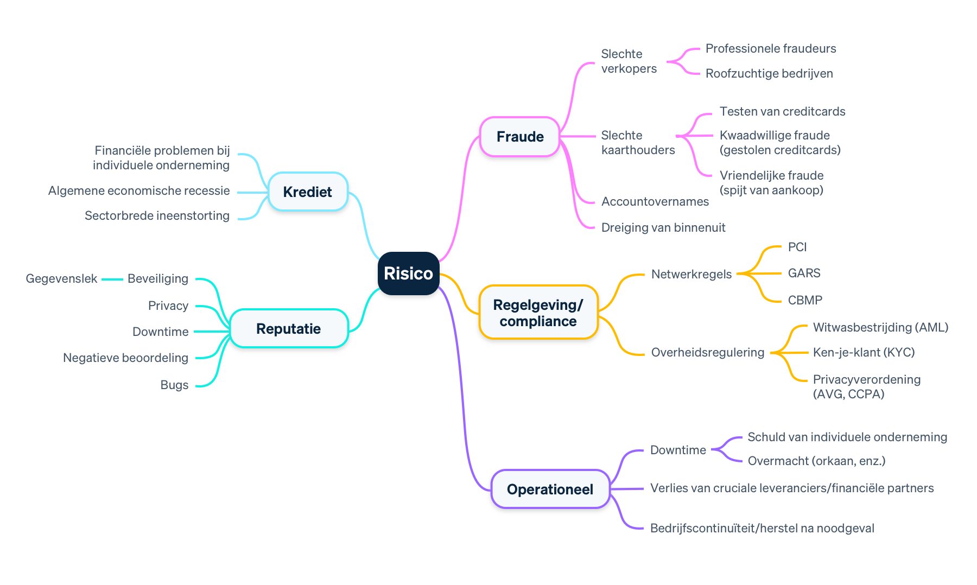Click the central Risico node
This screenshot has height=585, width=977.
(x=408, y=273)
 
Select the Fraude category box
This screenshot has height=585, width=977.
(x=520, y=137)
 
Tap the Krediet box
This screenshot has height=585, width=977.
(x=307, y=192)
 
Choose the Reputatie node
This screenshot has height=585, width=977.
(x=288, y=328)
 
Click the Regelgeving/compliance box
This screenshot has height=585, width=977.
(x=538, y=313)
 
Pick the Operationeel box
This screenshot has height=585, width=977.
(x=550, y=489)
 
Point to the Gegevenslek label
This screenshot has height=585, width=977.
(x=61, y=279)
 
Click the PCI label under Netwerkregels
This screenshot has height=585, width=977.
(x=797, y=247)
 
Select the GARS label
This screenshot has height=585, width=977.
(x=804, y=273)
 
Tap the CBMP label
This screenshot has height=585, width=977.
(x=805, y=300)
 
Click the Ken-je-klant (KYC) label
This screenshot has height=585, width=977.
(x=864, y=352)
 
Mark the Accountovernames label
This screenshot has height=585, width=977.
(x=655, y=201)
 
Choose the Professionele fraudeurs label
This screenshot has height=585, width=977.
(x=770, y=49)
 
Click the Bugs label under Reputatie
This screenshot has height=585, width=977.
(x=174, y=385)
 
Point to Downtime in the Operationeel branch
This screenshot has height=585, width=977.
(x=678, y=450)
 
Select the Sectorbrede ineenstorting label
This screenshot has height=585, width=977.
(x=157, y=215)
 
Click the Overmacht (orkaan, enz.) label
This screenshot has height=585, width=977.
(x=816, y=461)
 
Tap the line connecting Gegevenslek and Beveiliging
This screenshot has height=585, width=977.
(x=112, y=279)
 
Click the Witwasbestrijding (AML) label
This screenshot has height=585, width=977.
(x=880, y=327)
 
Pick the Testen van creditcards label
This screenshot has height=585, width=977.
(x=782, y=111)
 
